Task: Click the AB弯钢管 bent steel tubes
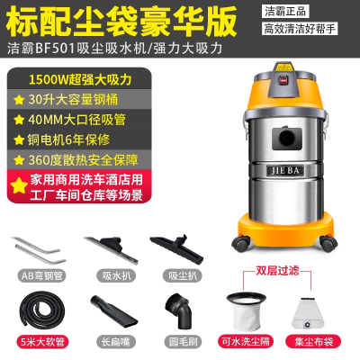tap(35, 247)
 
